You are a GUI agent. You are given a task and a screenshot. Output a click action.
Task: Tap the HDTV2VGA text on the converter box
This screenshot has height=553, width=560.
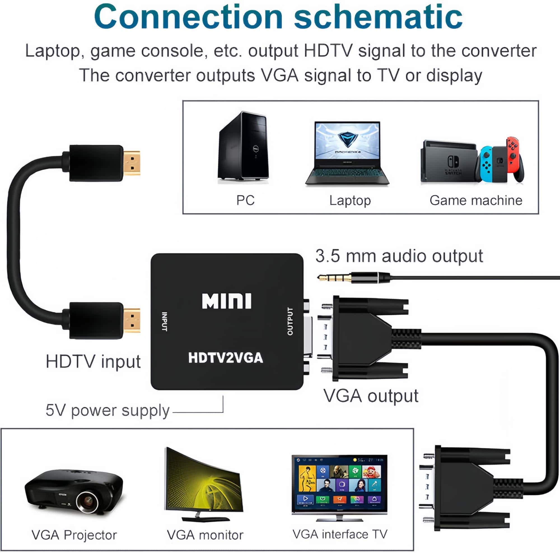tap(225, 358)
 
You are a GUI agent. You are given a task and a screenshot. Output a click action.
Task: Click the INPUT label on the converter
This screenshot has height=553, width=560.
tap(164, 321)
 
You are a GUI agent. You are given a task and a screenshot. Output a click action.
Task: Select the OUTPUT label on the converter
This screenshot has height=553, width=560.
tap(290, 321)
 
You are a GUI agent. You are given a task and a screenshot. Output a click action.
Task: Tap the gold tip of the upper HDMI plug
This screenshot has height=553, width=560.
tap(132, 163)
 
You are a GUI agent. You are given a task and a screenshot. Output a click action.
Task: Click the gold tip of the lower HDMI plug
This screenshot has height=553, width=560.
tap(132, 320)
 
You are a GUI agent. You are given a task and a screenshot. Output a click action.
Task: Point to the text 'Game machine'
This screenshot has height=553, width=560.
tap(476, 200)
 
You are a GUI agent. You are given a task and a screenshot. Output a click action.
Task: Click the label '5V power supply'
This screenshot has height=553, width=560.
tap(107, 410)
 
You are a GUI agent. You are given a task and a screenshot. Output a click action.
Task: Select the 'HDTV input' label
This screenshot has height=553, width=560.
tap(93, 361)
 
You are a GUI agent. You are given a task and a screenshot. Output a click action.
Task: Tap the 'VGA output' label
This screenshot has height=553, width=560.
tap(371, 396)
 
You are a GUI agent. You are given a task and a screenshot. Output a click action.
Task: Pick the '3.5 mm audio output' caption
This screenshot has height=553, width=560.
tap(399, 256)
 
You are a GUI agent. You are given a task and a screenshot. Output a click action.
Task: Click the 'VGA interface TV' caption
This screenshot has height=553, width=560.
tap(340, 534)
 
